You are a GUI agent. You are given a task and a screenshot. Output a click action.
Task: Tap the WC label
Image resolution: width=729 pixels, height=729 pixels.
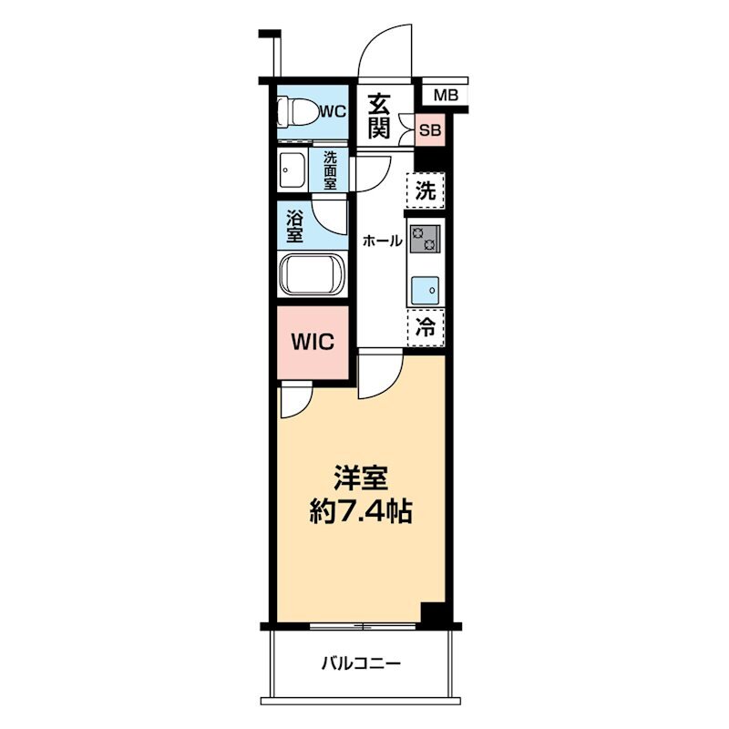pos(334,111)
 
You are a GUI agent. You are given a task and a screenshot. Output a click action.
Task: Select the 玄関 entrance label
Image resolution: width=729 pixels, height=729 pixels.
pos(378,117)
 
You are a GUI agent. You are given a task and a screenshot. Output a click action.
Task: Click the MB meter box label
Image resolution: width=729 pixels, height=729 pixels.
pos(446,96)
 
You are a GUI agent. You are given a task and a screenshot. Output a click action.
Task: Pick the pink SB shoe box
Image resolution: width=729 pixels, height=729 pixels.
pos(429,129)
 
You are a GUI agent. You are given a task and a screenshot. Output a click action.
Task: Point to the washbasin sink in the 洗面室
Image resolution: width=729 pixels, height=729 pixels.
pos(293,170)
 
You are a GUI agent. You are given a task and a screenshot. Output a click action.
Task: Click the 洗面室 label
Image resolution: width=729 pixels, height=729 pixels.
pos(330,170)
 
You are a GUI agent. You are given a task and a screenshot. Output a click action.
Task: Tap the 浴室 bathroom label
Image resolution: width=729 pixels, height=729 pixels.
pos(293,227)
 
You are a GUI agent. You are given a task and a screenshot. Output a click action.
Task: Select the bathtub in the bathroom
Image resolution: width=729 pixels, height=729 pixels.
pos(312,274)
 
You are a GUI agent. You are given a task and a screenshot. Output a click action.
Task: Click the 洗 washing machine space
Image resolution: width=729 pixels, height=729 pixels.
pos(426,190)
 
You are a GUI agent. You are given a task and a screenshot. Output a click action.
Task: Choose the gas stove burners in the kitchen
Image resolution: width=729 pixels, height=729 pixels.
pos(425,239)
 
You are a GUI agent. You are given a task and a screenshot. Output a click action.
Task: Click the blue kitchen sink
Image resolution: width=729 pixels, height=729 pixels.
pos(425,291)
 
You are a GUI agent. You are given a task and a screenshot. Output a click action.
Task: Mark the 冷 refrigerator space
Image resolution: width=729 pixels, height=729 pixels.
pos(426,327)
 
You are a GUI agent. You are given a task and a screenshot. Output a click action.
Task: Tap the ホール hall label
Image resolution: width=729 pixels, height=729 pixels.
pos(382,241)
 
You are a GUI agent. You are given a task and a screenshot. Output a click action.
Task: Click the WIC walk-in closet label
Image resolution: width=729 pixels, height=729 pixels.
pos(313,343)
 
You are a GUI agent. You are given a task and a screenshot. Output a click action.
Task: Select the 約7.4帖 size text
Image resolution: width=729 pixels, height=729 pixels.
pos(361,512)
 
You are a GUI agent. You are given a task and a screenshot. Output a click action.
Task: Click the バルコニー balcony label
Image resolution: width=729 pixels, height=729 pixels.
pos(361,663)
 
